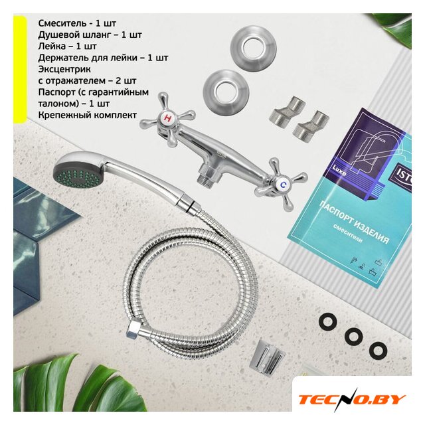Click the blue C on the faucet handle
(284, 185)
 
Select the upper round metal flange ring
(253, 49)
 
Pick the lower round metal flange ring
(226, 93)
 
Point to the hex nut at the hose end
(132, 329)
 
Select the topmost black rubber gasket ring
(328, 322)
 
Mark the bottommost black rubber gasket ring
(378, 351)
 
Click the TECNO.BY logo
(351, 400)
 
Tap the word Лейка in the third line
(52, 46)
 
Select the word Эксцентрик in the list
(64, 69)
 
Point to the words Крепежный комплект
(87, 115)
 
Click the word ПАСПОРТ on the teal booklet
(338, 214)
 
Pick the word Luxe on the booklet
(339, 171)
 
